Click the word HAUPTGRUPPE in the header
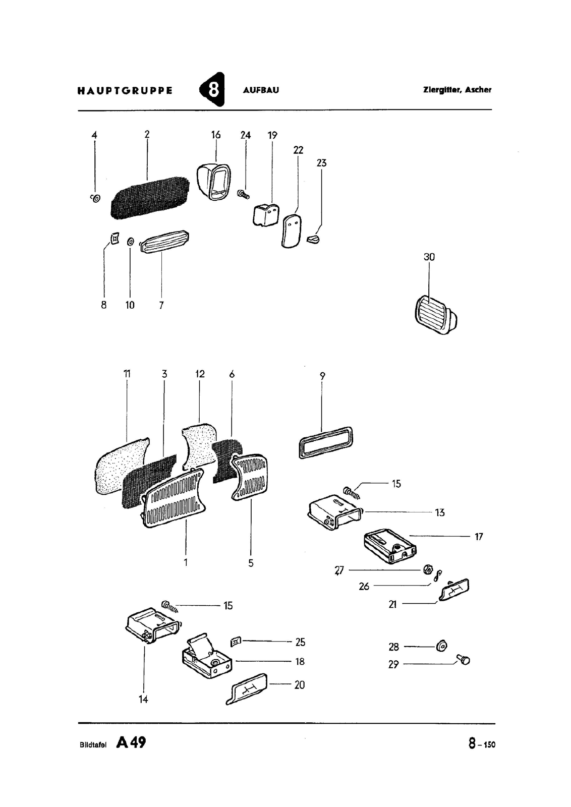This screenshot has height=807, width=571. (x=125, y=90)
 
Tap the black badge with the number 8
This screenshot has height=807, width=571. (x=212, y=90)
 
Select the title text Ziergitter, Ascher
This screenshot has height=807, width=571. (x=457, y=90)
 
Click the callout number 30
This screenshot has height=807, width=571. (x=429, y=257)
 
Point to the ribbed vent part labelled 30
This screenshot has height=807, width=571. (x=435, y=315)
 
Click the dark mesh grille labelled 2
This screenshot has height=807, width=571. (x=150, y=198)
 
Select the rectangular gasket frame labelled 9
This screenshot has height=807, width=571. (x=326, y=442)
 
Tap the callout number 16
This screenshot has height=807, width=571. (x=216, y=135)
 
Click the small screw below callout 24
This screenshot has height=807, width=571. (x=244, y=195)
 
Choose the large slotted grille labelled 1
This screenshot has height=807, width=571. (x=175, y=497)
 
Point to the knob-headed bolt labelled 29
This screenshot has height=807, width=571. (x=463, y=660)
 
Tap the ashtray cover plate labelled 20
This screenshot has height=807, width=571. (x=247, y=688)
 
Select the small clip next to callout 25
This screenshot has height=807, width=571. (x=235, y=641)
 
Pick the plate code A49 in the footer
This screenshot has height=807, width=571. (x=131, y=742)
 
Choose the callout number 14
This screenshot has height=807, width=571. (x=143, y=699)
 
